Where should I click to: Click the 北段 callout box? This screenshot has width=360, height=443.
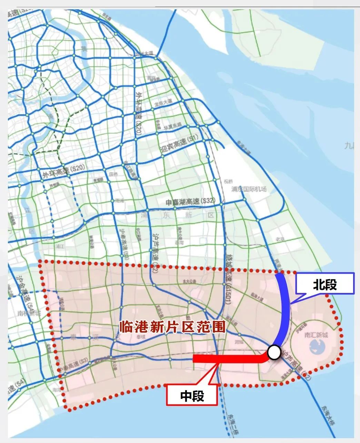[325, 284]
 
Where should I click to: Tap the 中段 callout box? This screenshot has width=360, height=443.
[192, 395]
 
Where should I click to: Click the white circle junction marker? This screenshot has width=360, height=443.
[274, 352]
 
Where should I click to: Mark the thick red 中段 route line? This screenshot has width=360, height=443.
[228, 358]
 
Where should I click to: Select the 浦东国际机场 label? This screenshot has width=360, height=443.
[249, 189]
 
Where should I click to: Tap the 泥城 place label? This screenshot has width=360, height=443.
[238, 343]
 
